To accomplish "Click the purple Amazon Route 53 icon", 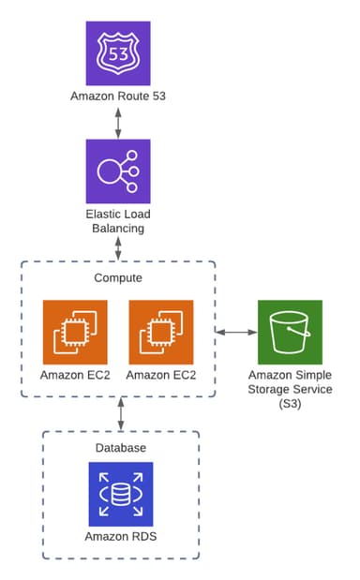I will pyautogui.click(x=118, y=52).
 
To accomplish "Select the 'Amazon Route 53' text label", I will pyautogui.click(x=118, y=96).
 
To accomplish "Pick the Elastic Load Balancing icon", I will pyautogui.click(x=118, y=171).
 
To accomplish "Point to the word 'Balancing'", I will pyautogui.click(x=118, y=228).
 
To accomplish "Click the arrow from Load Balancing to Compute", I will pyautogui.click(x=118, y=249).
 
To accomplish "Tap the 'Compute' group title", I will pyautogui.click(x=118, y=278).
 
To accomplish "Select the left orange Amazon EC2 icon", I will pyautogui.click(x=75, y=332).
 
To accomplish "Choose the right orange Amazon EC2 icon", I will pyautogui.click(x=160, y=332).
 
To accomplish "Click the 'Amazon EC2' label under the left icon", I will pyautogui.click(x=75, y=376).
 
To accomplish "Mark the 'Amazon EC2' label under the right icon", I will pyautogui.click(x=160, y=376).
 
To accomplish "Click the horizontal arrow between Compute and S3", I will pyautogui.click(x=237, y=332).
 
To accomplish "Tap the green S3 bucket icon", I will pyautogui.click(x=290, y=332).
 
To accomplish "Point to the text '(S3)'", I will pyautogui.click(x=290, y=403).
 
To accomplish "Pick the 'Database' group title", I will pyautogui.click(x=120, y=448).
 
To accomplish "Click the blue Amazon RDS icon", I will pyautogui.click(x=120, y=493).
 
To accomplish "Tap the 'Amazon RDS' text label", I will pyautogui.click(x=120, y=537).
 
